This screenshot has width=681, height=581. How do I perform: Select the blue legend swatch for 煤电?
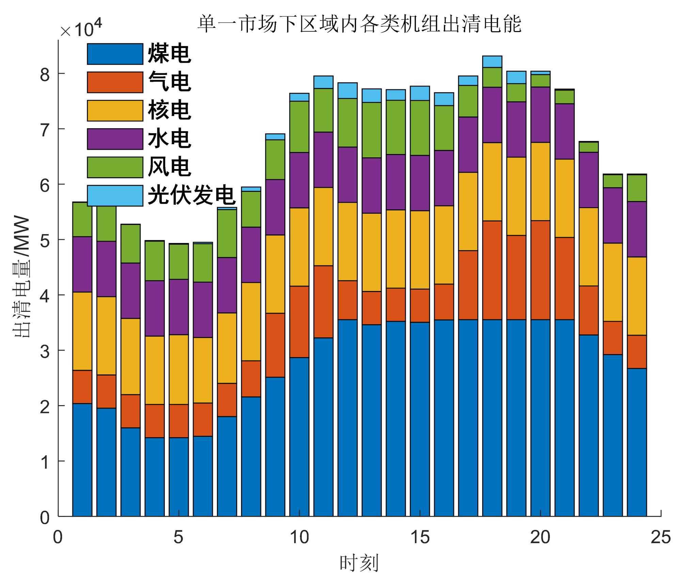pos(115,54)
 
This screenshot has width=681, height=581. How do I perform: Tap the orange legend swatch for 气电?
pos(115,82)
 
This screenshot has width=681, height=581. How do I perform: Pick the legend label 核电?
pos(169,110)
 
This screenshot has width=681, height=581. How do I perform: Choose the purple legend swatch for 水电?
pos(115,139)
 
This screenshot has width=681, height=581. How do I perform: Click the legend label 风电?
pos(169,167)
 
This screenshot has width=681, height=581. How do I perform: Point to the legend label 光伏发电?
pos(191,195)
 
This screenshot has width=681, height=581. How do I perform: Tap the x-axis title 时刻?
pos(359,563)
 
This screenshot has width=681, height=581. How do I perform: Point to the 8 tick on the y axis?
pos(45,74)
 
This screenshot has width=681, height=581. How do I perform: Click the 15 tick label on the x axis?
pos(420,537)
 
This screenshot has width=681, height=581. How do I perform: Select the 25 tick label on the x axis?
pos(661,537)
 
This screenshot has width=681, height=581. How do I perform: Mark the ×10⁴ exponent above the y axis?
pos(81,29)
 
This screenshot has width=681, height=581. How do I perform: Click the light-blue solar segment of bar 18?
pos(492,62)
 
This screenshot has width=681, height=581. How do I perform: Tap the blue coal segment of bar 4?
pos(155,477)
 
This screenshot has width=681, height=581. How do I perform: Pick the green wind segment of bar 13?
pos(371,130)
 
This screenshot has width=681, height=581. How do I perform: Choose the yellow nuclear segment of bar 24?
pos(637,296)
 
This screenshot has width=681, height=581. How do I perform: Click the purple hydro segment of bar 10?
pos(299,180)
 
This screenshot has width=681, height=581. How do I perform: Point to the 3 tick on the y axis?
pos(45,351)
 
